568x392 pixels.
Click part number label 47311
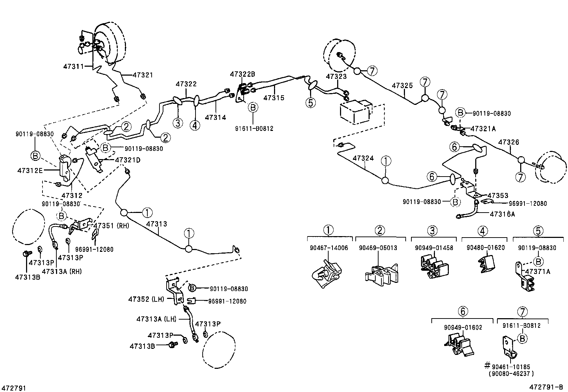coord(73,66)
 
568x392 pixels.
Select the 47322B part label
coord(242,74)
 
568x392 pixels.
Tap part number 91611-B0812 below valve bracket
coord(254,128)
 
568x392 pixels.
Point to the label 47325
coord(402,86)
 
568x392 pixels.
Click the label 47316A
coord(502,214)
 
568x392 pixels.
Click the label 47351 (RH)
coord(111,225)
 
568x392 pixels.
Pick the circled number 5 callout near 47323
coord(310,103)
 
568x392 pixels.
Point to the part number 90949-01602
coord(463,327)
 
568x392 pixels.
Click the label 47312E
coord(30,170)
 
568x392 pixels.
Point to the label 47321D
coord(127,160)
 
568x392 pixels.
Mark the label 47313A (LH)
coord(156,319)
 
